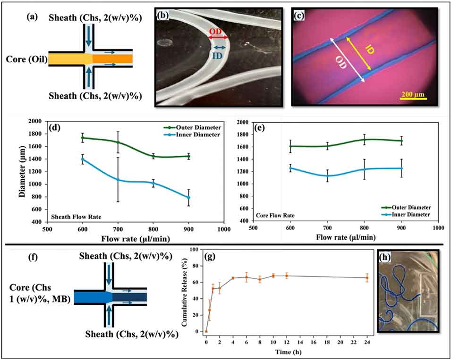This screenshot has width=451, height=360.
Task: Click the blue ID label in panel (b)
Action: tap(218, 55)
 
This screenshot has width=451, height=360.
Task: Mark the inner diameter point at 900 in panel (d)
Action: tap(188, 197)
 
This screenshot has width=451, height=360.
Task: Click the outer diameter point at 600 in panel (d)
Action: tap(83, 138)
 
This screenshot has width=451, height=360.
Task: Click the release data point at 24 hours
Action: tap(367, 278)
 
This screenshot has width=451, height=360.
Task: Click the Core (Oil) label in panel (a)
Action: tap(26, 59)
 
